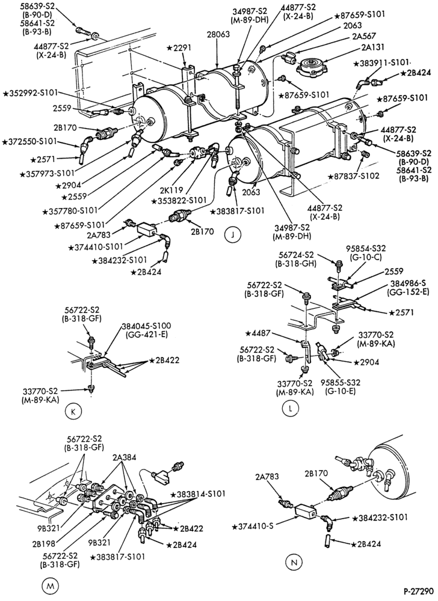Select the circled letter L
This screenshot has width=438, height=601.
290,409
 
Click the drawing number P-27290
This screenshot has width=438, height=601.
418,591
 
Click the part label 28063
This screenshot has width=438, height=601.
218,34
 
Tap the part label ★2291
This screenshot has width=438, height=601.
179,48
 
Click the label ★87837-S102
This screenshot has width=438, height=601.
354,176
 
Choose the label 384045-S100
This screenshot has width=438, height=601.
147,326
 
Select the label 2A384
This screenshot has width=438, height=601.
125,457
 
